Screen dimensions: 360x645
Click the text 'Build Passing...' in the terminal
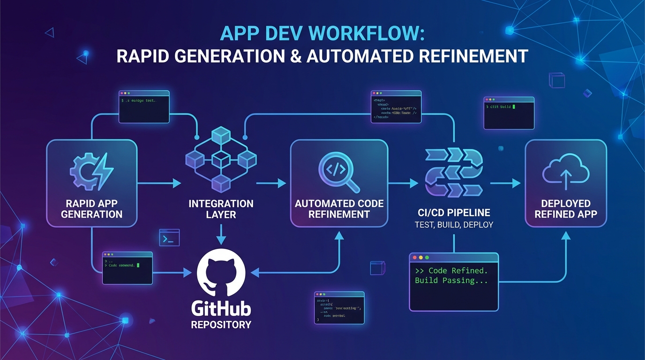tap(451, 280)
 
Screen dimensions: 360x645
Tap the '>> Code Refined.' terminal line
tap(451, 270)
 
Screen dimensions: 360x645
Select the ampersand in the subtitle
tap(294, 56)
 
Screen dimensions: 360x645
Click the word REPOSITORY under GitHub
tap(221, 324)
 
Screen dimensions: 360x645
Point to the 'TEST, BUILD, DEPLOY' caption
tap(454, 225)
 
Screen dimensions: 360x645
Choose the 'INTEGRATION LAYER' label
tap(221, 209)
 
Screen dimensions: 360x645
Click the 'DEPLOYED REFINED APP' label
tap(566, 209)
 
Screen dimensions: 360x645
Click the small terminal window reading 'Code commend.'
tap(127, 268)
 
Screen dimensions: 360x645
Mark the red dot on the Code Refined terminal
tap(414, 258)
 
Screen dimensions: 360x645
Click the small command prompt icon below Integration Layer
tap(169, 238)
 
